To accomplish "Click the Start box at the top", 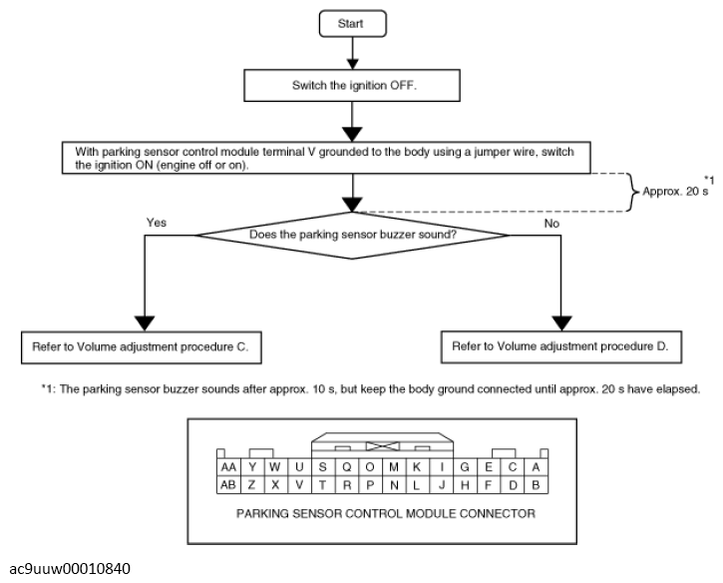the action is click(x=353, y=24).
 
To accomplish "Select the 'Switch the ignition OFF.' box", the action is click(x=352, y=86).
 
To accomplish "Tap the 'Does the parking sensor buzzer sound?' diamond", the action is click(x=352, y=235).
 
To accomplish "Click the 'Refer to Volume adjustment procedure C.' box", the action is click(x=142, y=347).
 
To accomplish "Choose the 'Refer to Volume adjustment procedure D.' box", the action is click(x=561, y=347).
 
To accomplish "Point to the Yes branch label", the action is click(x=157, y=223).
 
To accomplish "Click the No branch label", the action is click(x=551, y=224).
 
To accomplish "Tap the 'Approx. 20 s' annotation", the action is click(x=675, y=191).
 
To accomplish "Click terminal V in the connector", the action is click(x=299, y=485).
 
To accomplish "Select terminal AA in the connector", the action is click(x=228, y=467).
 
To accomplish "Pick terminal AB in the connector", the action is click(x=228, y=485).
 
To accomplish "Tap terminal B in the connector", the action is click(x=536, y=485).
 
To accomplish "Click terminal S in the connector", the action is click(x=323, y=467).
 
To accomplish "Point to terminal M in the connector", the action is click(x=394, y=467).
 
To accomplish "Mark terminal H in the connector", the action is click(x=465, y=485).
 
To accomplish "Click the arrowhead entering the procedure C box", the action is click(x=145, y=323).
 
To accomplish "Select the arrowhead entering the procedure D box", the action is click(x=561, y=323).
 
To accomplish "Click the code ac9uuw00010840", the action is click(x=70, y=569).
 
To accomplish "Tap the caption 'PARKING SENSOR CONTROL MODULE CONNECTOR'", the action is click(x=386, y=514).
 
